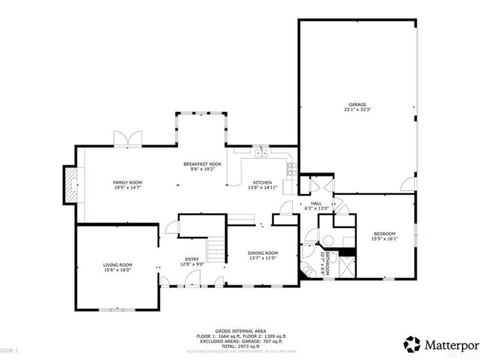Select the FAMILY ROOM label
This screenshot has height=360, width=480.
point(128,182)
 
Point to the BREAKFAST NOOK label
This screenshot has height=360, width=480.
point(202,164)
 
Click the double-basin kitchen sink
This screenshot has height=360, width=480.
point(261,154)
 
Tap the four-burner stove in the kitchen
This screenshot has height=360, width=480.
point(291,170)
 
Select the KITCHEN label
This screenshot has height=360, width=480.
point(262,182)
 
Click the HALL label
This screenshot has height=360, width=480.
point(316,203)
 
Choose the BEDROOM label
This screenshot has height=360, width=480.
point(385,233)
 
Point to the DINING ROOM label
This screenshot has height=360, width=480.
point(263,253)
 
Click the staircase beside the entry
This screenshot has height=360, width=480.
point(215,248)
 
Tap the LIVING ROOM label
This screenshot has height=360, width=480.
point(118,265)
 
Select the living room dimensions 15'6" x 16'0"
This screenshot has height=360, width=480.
point(118,270)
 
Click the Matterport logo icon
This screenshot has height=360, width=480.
point(412,344)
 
